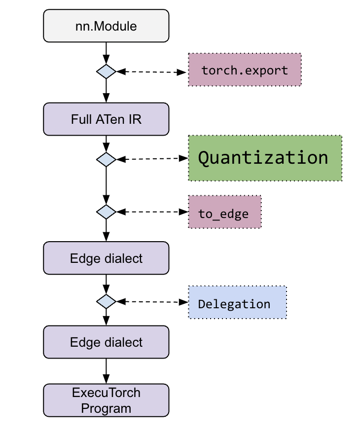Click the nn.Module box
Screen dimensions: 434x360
[x=106, y=26]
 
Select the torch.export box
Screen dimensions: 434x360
[x=244, y=70]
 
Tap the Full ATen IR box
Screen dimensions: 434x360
[x=106, y=119]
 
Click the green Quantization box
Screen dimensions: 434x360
[x=264, y=158]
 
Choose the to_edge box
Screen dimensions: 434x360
[x=224, y=212]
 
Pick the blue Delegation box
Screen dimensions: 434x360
[x=237, y=302]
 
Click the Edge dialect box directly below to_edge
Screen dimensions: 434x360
[x=106, y=258]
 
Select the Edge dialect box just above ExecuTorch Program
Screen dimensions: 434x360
[x=106, y=342]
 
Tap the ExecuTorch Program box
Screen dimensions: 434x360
[x=106, y=400]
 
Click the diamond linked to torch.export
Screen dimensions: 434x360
[x=106, y=72]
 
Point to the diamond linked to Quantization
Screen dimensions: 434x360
[x=106, y=159]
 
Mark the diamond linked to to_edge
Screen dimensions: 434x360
[x=106, y=212]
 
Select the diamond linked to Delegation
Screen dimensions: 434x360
[x=106, y=301]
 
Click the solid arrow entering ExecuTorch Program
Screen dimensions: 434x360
[x=106, y=371]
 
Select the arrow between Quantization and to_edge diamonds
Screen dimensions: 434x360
[x=106, y=185]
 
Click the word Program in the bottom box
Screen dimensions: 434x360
[x=106, y=408]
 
